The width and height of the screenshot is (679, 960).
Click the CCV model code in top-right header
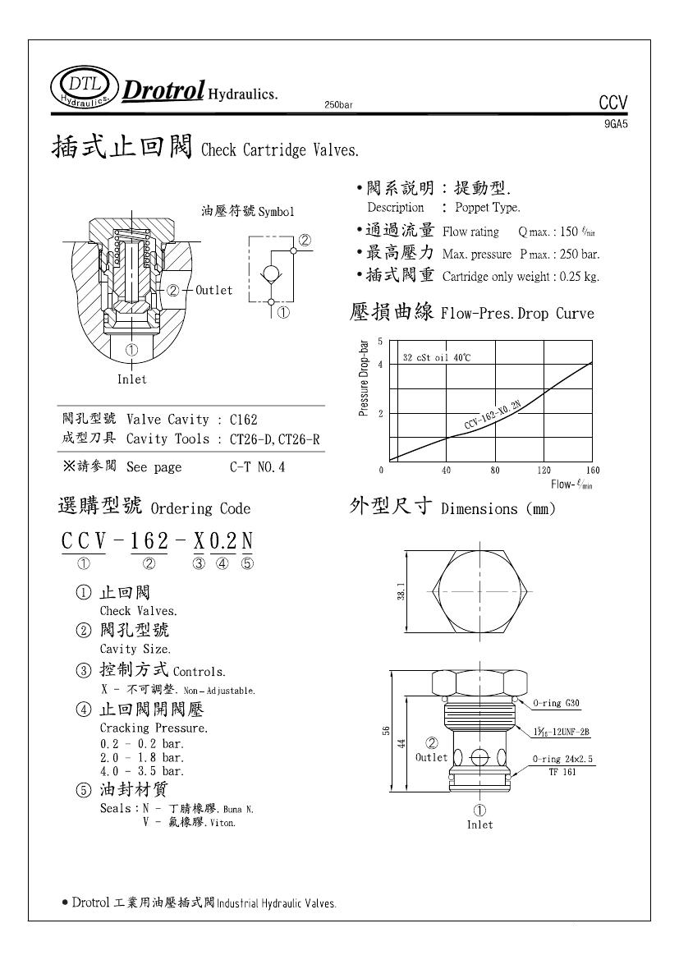tap(612, 103)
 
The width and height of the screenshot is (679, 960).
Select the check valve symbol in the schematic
tap(273, 273)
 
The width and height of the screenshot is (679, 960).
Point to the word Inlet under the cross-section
tap(131, 379)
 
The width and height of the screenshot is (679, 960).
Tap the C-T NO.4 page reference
tap(258, 467)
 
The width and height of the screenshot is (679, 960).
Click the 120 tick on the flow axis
tap(544, 471)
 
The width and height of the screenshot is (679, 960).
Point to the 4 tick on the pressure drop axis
tap(380, 364)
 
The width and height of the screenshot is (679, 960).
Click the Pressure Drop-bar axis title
tap(364, 379)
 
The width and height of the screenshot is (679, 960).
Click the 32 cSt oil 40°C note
tap(437, 357)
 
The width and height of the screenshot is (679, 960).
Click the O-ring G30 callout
tap(558, 704)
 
